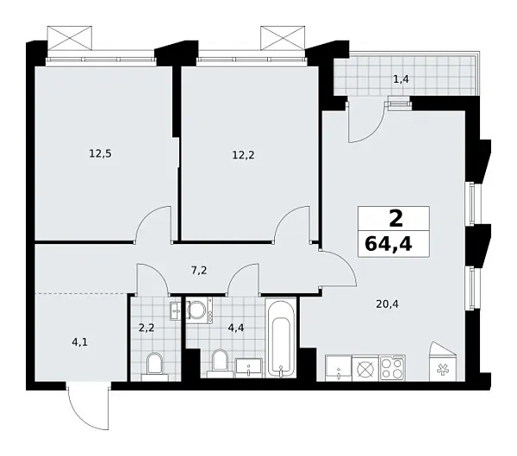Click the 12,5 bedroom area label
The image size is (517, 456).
coord(101,154)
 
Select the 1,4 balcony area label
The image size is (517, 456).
coord(401,80)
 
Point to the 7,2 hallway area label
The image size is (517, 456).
coord(198,270)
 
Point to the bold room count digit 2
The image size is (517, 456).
coord(389,216)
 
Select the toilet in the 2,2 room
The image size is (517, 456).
coord(156,364)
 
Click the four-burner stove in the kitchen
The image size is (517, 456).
coord(392,367)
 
